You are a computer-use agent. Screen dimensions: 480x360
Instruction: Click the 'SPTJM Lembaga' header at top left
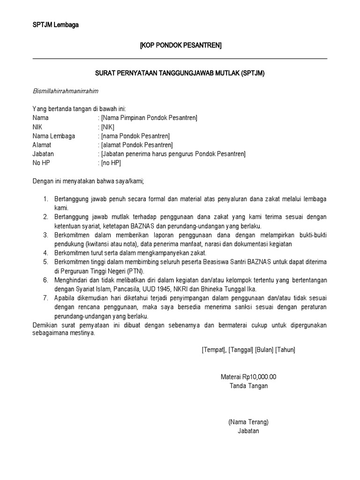click(55, 25)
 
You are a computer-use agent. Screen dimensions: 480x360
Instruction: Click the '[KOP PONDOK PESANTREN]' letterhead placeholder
click(181, 45)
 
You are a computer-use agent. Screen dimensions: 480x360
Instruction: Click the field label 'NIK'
click(37, 127)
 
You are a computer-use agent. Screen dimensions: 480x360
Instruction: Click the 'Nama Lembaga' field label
click(53, 136)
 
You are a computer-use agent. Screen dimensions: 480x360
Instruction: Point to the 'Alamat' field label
click(42, 145)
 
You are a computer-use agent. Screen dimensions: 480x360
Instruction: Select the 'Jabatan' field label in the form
click(43, 154)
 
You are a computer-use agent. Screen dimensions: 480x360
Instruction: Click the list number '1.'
click(46, 199)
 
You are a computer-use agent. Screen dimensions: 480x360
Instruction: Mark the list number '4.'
click(46, 253)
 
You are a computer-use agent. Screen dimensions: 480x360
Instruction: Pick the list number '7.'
click(46, 298)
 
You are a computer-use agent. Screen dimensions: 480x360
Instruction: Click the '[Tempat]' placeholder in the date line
click(214, 350)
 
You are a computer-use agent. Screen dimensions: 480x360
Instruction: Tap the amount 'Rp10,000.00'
click(260, 377)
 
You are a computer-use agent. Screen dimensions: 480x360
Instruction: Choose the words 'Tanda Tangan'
click(249, 386)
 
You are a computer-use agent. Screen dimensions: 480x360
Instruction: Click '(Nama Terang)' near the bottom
click(248, 422)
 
